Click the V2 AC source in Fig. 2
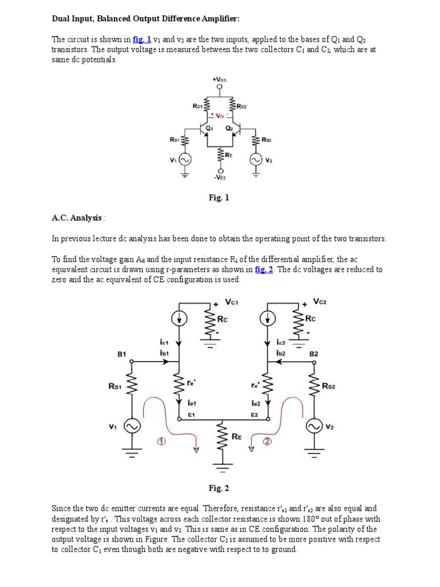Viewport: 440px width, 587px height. click(314, 426)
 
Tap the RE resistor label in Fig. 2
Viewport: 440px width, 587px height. click(236, 437)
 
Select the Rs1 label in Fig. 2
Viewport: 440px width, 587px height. click(115, 386)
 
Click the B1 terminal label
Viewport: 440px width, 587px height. click(121, 354)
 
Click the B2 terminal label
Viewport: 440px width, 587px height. click(313, 354)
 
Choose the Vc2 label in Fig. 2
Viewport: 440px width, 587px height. click(320, 300)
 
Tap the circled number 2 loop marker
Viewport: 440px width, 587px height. click(267, 441)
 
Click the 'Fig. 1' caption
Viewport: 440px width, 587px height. click(219, 198)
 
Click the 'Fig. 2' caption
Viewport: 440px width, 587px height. click(219, 488)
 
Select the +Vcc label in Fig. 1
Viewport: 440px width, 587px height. click(219, 81)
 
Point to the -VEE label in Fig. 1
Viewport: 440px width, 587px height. click(221, 178)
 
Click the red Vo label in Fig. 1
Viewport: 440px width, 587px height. click(219, 115)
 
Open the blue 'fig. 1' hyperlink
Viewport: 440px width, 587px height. click(142, 40)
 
